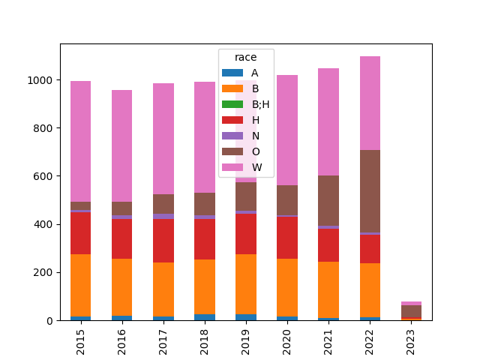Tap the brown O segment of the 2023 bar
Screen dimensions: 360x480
(410, 311)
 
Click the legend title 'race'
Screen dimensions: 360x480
(245, 58)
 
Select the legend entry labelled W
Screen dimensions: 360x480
(256, 167)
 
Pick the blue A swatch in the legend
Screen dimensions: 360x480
(232, 73)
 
